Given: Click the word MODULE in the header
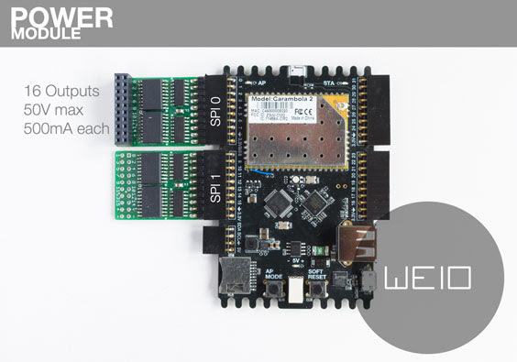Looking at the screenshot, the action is pyautogui.click(x=46, y=35).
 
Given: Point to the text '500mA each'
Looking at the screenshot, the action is pyautogui.click(x=67, y=129).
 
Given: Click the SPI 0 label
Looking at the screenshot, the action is pyautogui.click(x=216, y=111).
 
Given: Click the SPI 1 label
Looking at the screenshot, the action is pyautogui.click(x=216, y=186).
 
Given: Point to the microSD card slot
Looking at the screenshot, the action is pyautogui.click(x=236, y=275).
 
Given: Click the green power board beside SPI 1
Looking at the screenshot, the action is pyautogui.click(x=157, y=186).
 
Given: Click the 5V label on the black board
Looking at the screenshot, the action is pyautogui.click(x=296, y=260).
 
